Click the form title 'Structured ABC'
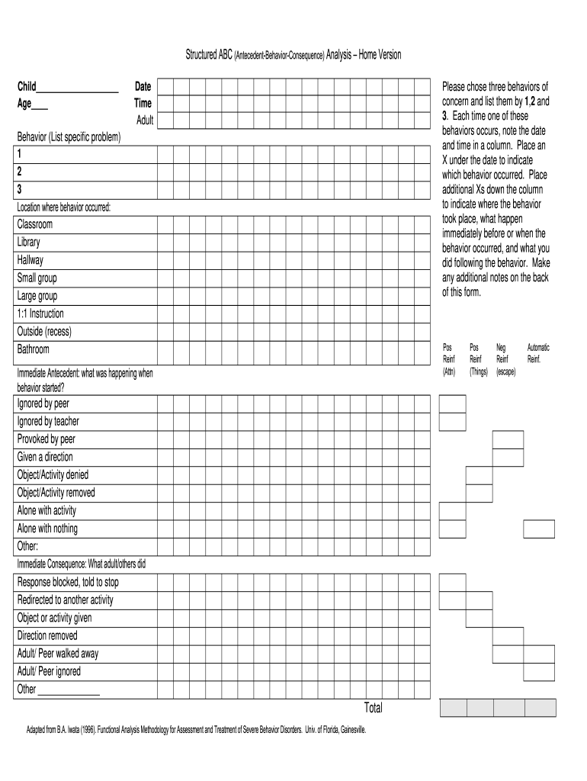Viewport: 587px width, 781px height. (x=209, y=55)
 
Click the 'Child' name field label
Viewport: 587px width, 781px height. (x=27, y=87)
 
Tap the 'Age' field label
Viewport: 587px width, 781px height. (x=24, y=104)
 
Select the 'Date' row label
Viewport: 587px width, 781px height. (x=143, y=87)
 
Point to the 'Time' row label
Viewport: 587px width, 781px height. (x=143, y=103)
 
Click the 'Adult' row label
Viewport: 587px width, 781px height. (x=145, y=120)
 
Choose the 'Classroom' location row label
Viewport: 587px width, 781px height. (x=35, y=225)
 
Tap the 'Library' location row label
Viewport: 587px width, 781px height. (x=29, y=243)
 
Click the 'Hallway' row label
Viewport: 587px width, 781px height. (x=30, y=260)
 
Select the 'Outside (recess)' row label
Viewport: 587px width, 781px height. (x=44, y=332)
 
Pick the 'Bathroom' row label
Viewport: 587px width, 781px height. (x=34, y=349)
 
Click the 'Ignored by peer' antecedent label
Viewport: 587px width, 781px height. (x=43, y=403)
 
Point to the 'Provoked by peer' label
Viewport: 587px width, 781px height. (x=47, y=439)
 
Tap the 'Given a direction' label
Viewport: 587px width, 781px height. (x=46, y=457)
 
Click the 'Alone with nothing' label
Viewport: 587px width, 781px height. (x=47, y=529)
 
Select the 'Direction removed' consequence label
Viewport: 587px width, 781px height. (x=47, y=635)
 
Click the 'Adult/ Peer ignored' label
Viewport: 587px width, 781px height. (x=49, y=671)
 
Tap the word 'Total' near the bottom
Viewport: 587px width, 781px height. (x=374, y=708)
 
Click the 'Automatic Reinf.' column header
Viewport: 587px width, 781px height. (x=537, y=353)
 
